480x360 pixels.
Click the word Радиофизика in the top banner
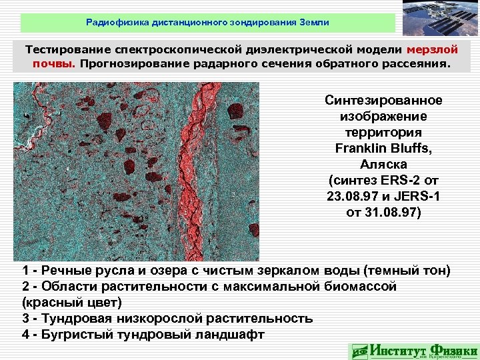112,23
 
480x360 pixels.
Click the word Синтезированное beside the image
383,101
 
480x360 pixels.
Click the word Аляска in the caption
383,164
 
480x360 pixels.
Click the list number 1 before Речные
25,271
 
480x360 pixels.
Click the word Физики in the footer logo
453,349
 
